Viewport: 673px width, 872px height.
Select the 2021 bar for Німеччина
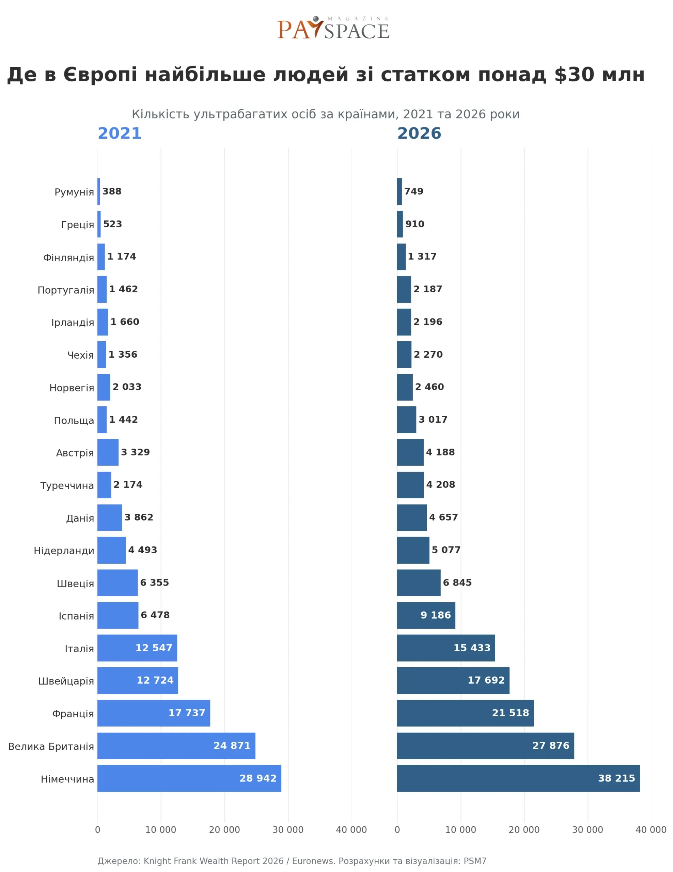click(189, 778)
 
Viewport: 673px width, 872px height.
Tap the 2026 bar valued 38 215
click(518, 778)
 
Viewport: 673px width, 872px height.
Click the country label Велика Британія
click(51, 746)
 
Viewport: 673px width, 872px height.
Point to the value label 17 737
click(187, 713)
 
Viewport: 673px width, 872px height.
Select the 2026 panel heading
click(419, 134)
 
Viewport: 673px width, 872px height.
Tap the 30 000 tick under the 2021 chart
click(288, 830)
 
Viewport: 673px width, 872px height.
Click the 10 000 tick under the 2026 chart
click(460, 830)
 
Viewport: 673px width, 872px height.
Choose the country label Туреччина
click(67, 485)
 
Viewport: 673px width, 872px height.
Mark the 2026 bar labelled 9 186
click(426, 615)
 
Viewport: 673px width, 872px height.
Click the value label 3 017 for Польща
click(433, 419)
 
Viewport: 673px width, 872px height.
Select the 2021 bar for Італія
click(137, 648)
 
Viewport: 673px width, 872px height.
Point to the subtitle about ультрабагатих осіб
click(326, 114)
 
